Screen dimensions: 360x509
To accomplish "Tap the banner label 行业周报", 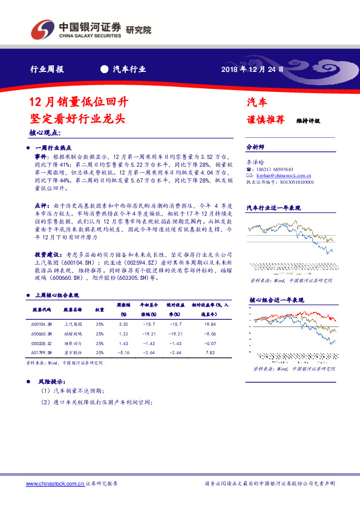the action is (x=47, y=69).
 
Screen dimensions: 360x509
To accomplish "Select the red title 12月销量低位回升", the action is (x=78, y=101).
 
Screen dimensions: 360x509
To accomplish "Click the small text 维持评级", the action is (x=308, y=120).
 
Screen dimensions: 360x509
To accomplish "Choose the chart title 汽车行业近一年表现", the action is (x=273, y=207).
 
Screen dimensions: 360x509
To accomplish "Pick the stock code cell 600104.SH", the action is (x=41, y=323).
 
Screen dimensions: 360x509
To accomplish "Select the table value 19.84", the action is (x=211, y=323).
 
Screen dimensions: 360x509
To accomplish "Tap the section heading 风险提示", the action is (x=50, y=382).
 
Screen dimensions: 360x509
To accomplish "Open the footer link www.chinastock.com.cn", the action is (x=55, y=484).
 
